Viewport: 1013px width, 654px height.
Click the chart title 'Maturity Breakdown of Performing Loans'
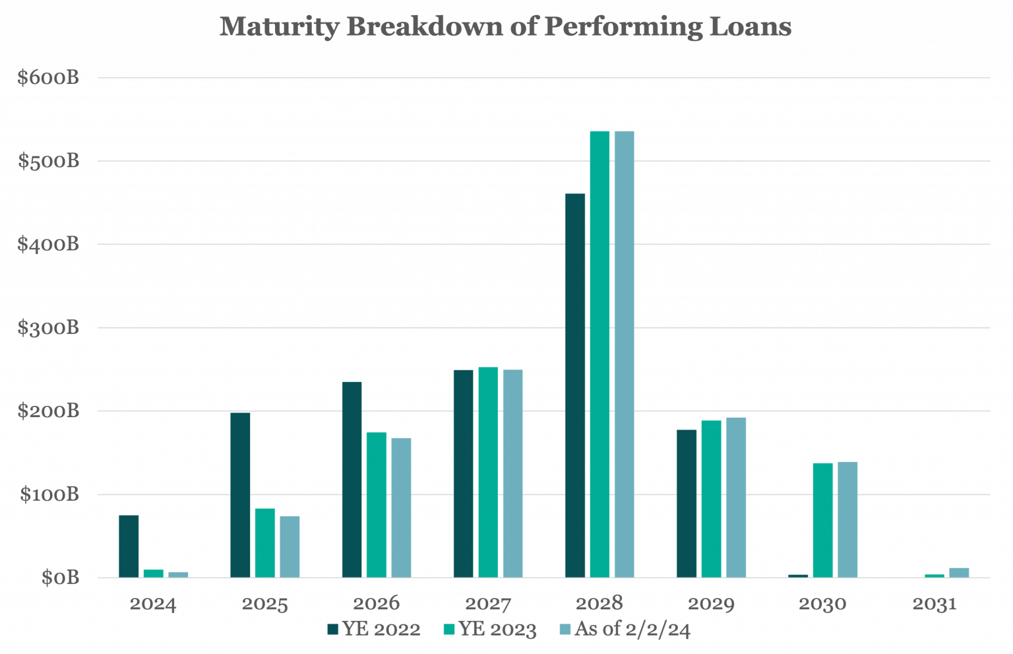505,28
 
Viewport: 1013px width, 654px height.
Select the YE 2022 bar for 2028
575,385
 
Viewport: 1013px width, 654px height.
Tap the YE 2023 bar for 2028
599,354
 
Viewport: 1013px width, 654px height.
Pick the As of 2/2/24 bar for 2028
625,354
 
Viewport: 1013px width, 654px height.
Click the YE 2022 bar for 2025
240,495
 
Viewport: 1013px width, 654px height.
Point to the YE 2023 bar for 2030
823,520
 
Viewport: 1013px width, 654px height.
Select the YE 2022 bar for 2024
129,546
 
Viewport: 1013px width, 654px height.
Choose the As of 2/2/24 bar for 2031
960,573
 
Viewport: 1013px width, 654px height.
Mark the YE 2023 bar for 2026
377,505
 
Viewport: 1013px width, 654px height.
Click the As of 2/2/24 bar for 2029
736,497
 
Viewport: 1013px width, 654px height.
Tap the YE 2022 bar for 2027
464,473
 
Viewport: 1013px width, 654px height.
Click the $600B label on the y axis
48,78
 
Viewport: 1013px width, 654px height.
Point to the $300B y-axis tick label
48,328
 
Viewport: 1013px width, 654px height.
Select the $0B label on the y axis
60,578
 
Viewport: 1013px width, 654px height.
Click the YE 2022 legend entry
374,630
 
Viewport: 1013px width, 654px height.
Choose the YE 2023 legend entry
490,630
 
